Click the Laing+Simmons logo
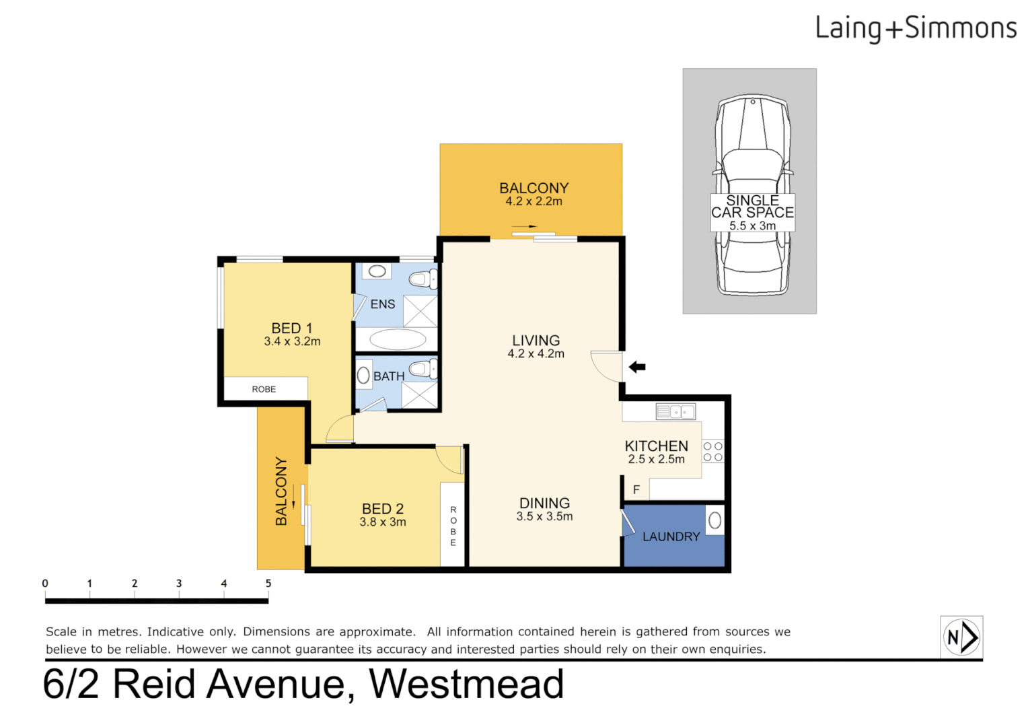[x=915, y=28]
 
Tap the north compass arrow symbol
[x=961, y=637]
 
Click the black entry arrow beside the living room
[x=637, y=367]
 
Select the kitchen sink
[x=675, y=411]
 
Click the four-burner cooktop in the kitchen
[x=713, y=452]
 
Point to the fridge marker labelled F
[x=636, y=489]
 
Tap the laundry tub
[x=714, y=520]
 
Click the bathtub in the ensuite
[x=398, y=339]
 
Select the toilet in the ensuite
[x=423, y=278]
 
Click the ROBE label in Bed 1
[x=264, y=389]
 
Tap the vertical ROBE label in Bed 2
[x=453, y=526]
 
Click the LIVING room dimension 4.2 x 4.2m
[x=536, y=354]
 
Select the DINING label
[x=544, y=503]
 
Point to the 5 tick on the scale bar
[x=268, y=584]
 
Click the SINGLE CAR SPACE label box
[x=752, y=213]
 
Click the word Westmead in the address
[x=466, y=684]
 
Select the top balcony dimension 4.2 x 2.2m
[x=534, y=201]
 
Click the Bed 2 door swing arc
[x=449, y=460]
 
